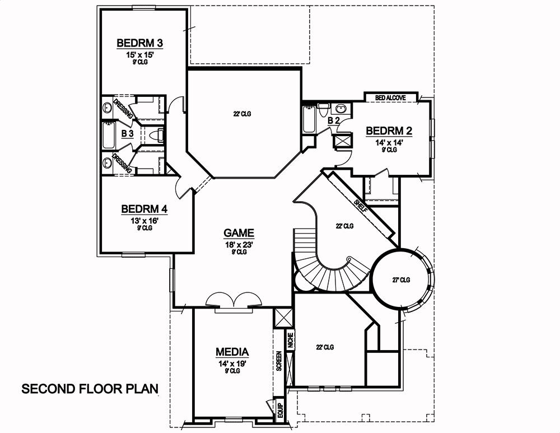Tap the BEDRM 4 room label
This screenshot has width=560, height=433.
tap(144, 209)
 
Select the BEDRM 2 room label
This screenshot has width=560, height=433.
tap(389, 131)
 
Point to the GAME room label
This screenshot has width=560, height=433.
tap(239, 233)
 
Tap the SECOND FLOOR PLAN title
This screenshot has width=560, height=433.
tap(90, 388)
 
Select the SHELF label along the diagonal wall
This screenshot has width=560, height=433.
tap(361, 206)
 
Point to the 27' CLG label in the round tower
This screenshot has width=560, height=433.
tap(401, 280)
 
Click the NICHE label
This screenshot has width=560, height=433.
tap(290, 341)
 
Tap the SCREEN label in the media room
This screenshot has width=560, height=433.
tap(278, 361)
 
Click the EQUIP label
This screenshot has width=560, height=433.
tap(278, 408)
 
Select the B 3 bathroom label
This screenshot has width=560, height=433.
tap(127, 133)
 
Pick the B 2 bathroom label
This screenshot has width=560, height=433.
tap(334, 120)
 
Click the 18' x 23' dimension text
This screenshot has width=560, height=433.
tap(239, 244)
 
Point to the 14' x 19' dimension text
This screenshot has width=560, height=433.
tap(232, 363)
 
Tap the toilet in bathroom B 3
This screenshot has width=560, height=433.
tap(158, 134)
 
